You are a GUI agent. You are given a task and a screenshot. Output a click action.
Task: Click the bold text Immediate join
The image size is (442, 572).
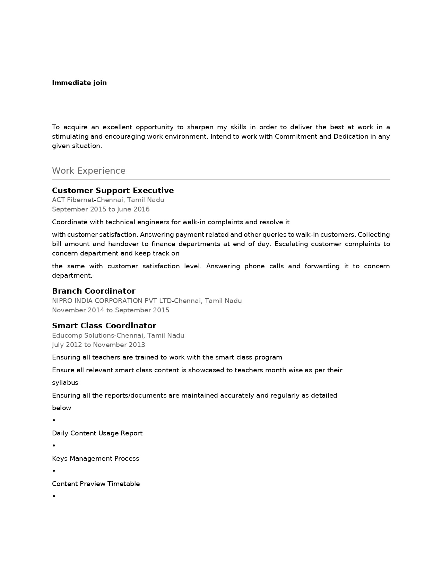point(79,83)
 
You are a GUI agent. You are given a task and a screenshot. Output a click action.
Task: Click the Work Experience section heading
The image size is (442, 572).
point(89,171)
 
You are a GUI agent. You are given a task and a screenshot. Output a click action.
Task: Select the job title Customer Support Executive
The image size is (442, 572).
point(113,191)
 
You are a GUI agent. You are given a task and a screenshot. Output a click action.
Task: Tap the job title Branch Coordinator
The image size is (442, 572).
point(94,291)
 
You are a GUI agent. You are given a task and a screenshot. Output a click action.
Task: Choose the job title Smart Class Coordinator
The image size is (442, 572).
point(104,326)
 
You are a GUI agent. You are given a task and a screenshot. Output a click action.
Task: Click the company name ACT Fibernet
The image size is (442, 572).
point(73,200)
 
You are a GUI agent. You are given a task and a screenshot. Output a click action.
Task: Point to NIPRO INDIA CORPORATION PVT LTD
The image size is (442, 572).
point(112,301)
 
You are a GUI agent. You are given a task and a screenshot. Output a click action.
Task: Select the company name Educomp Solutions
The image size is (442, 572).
point(83,336)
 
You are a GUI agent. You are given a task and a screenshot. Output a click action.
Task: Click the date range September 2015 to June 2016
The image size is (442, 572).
point(101,209)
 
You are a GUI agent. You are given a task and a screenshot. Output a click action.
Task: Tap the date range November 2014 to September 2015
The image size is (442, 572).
point(111,310)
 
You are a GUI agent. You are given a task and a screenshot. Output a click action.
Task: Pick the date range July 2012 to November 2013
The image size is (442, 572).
point(98,345)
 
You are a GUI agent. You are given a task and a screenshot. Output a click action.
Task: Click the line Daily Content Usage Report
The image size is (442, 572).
point(97,433)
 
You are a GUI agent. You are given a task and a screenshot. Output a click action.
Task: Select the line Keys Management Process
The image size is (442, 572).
point(96,459)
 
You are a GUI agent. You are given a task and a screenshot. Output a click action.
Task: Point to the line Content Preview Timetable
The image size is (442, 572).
point(96,484)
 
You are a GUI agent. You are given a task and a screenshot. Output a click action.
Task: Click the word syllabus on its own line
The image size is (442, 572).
point(65,383)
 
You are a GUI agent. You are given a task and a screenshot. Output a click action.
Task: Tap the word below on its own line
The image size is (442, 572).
point(62,408)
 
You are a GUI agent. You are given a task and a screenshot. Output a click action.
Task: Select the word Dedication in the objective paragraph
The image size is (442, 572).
point(351,137)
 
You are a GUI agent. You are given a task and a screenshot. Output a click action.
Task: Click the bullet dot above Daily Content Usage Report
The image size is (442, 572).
point(54,421)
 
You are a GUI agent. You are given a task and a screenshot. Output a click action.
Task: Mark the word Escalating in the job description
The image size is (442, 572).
point(291,244)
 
